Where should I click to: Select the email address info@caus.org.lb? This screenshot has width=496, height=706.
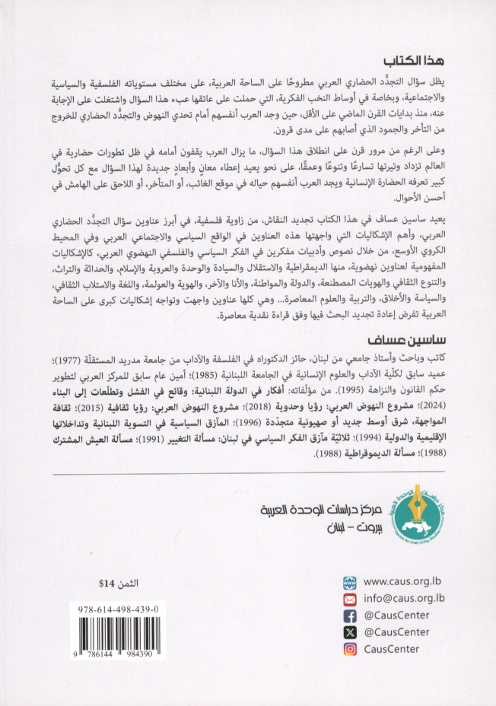(402, 598)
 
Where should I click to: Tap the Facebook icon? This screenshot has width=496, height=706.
(349, 615)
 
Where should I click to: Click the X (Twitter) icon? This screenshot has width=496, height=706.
(349, 631)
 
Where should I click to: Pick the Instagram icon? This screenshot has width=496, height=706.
(349, 649)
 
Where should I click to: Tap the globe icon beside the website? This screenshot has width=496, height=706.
(349, 581)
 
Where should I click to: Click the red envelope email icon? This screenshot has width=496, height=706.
(349, 598)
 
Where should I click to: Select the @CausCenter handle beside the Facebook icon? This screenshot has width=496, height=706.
(396, 615)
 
